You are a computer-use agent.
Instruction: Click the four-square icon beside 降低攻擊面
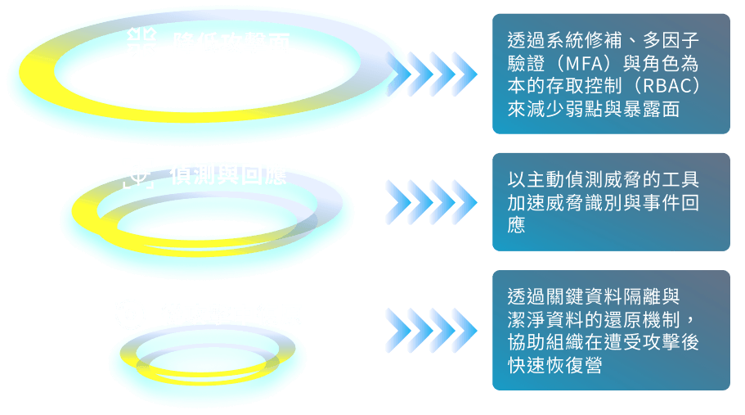click(143, 42)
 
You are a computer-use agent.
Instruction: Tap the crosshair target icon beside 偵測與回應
click(138, 174)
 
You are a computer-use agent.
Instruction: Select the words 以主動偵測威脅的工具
click(604, 179)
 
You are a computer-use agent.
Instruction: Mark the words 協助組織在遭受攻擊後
click(604, 342)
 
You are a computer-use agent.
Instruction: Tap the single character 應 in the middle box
click(517, 225)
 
